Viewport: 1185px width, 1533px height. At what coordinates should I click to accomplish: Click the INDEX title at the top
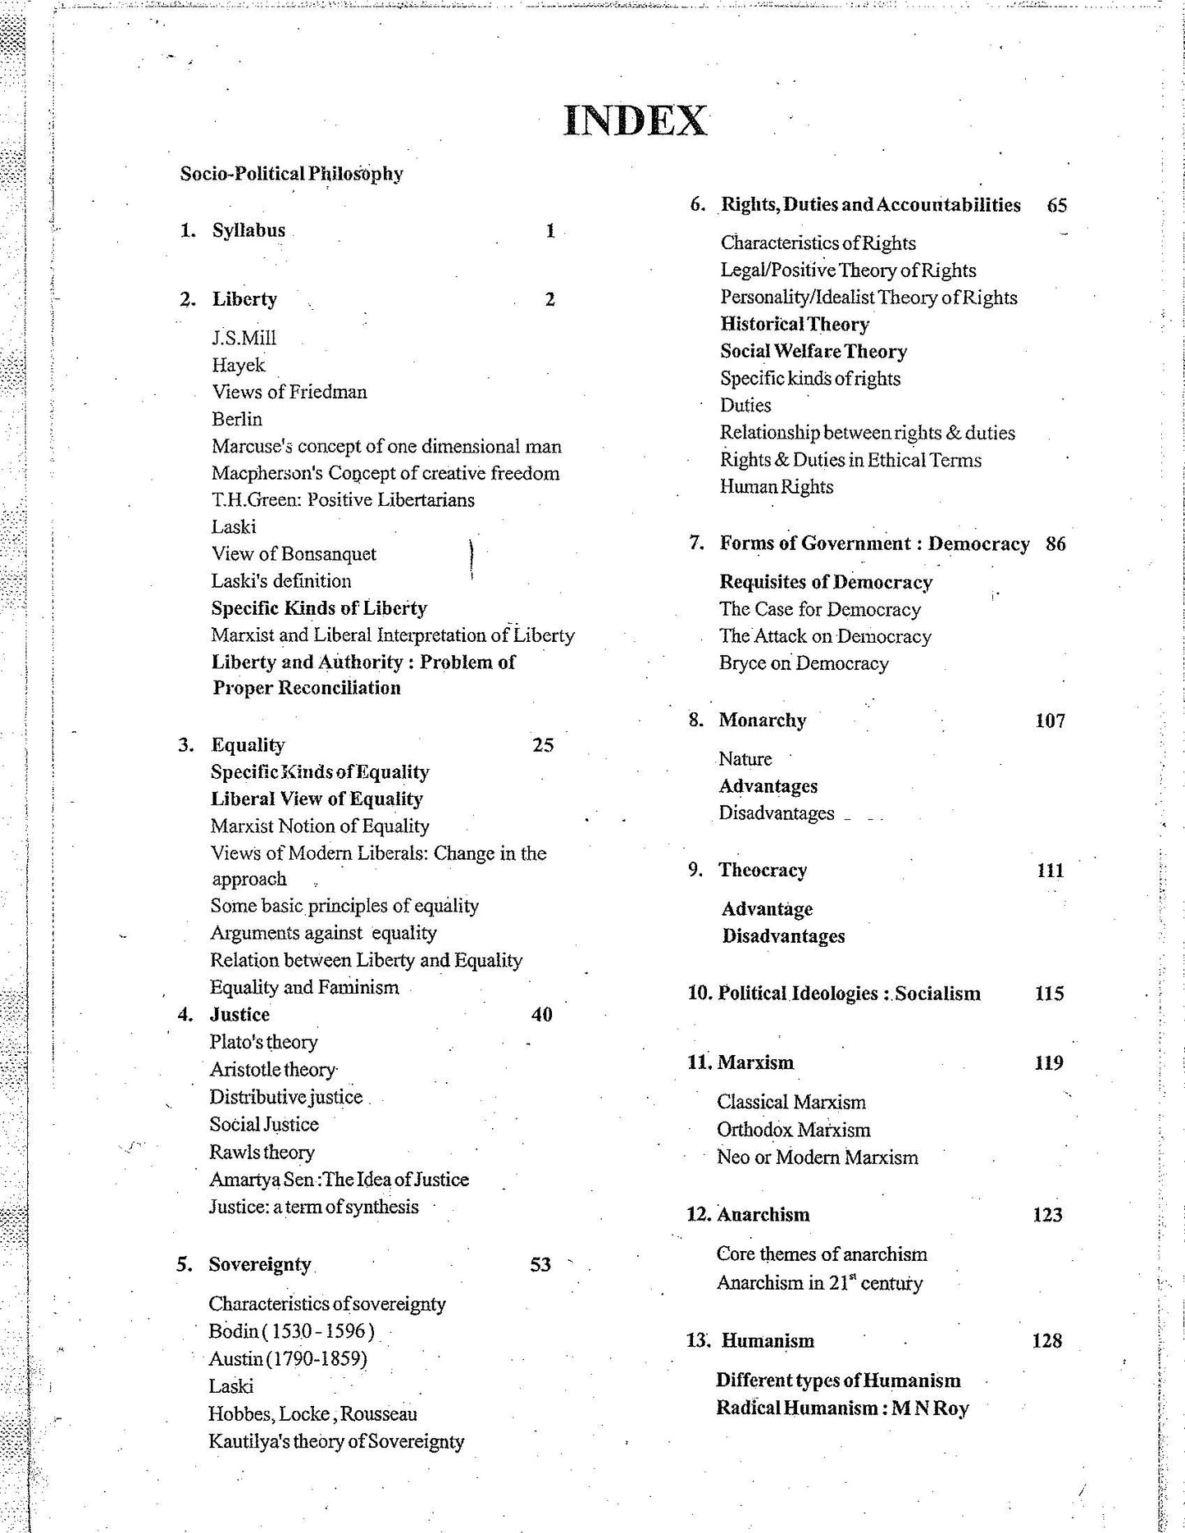636,121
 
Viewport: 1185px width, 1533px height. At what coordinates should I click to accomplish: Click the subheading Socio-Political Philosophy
292,174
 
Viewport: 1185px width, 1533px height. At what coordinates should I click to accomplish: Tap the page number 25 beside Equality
543,745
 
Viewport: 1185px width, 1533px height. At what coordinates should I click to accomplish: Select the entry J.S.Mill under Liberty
244,338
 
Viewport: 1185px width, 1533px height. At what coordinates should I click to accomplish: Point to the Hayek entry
239,365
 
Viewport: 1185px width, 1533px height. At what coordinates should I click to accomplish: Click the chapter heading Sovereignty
260,1265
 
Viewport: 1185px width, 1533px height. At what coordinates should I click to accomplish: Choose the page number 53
540,1265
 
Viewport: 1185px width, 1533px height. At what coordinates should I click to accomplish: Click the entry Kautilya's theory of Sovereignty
336,1441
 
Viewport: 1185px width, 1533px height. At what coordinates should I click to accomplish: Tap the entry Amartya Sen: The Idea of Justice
339,1180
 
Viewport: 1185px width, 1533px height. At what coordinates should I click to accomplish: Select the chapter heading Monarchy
763,721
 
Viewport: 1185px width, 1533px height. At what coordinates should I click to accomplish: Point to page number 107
1050,721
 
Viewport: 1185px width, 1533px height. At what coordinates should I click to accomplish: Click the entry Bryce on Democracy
804,663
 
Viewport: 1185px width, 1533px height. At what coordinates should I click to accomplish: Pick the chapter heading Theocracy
763,871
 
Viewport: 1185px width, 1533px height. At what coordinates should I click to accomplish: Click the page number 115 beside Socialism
1050,994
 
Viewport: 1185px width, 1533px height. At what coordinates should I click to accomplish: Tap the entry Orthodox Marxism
793,1130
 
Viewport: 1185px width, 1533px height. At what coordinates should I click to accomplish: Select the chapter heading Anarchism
763,1215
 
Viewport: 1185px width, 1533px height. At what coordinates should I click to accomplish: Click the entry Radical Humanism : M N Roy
842,1408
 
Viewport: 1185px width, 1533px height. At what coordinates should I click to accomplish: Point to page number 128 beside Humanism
1047,1341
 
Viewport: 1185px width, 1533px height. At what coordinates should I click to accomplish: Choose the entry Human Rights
777,487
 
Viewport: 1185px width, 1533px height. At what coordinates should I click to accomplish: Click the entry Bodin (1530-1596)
292,1331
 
